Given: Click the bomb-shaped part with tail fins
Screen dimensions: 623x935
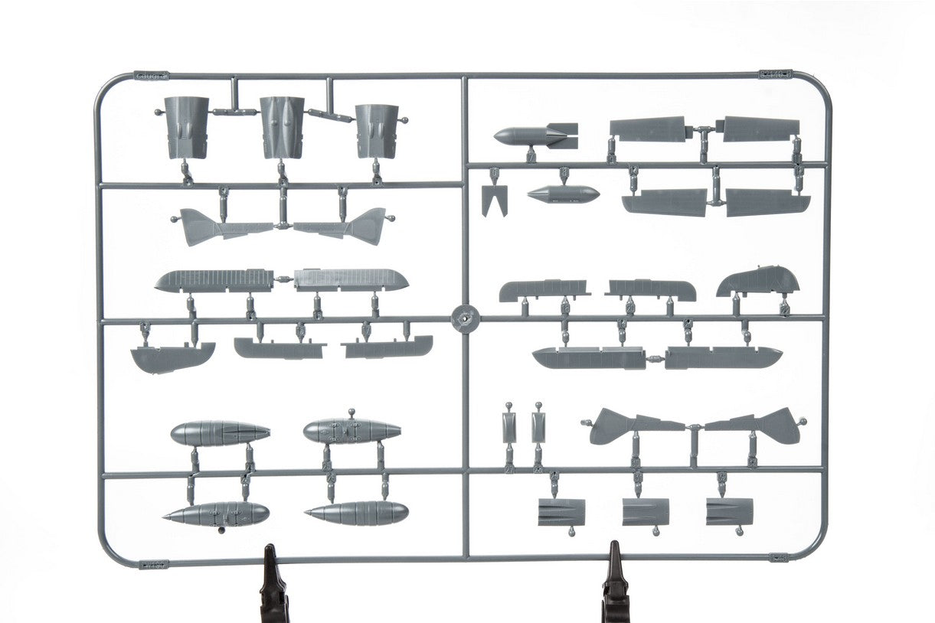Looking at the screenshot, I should click(x=535, y=136).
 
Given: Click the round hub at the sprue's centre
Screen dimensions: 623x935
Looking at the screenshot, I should click(x=464, y=318).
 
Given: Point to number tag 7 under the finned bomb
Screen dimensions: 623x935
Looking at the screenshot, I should click(x=531, y=156).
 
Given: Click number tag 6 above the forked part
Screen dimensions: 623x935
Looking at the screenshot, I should click(x=494, y=175).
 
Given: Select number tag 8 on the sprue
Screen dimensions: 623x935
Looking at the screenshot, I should click(x=563, y=175).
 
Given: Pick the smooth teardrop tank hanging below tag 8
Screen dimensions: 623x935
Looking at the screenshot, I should click(x=563, y=194).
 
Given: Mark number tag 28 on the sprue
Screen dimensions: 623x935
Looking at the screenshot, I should click(x=538, y=460).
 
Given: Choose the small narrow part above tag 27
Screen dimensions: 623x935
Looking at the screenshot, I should click(x=508, y=427).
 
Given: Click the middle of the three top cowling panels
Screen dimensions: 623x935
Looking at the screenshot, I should click(x=282, y=127).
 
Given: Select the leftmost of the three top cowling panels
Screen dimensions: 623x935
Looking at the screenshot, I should click(x=187, y=127).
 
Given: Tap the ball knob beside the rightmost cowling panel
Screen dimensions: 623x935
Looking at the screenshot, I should click(x=404, y=120).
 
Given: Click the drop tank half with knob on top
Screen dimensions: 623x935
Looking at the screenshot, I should click(x=351, y=431).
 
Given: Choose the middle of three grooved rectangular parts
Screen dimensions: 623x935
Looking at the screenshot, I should click(x=646, y=511).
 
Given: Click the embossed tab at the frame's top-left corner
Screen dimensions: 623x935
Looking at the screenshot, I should click(x=151, y=76).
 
